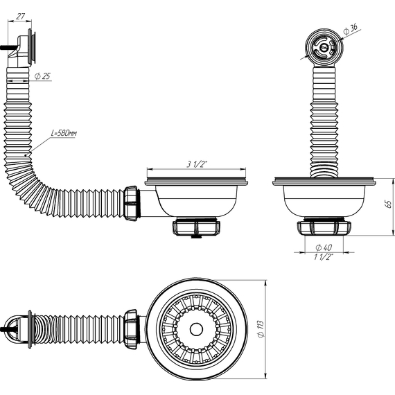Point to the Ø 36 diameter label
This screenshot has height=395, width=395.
(x=351, y=28)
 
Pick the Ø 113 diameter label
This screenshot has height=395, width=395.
(x=276, y=328)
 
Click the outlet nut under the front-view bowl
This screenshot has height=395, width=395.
(x=196, y=228)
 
